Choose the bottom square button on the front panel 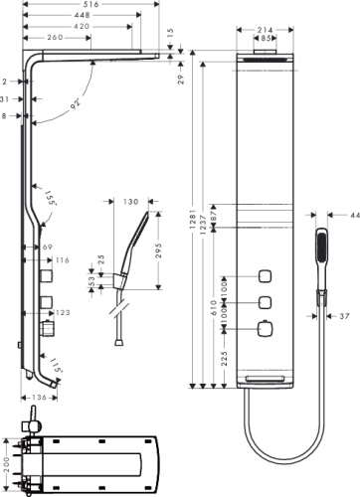point(266,329)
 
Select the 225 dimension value point(225,358)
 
